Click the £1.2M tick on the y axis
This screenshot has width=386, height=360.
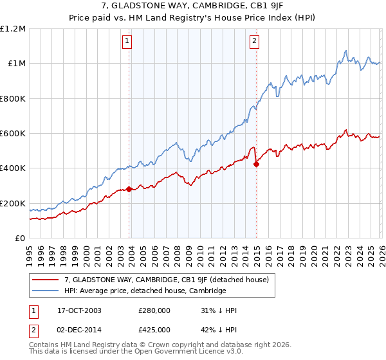pyautogui.click(x=13, y=29)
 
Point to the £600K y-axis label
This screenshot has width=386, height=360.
pyautogui.click(x=13, y=134)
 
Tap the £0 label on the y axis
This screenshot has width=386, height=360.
pyautogui.click(x=21, y=239)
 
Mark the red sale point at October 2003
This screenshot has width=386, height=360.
pyautogui.click(x=129, y=189)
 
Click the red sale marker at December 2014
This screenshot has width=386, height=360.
pyautogui.click(x=256, y=164)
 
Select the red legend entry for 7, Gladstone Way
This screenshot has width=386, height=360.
pyautogui.click(x=170, y=280)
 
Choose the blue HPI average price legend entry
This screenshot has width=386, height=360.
pyautogui.click(x=145, y=291)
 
